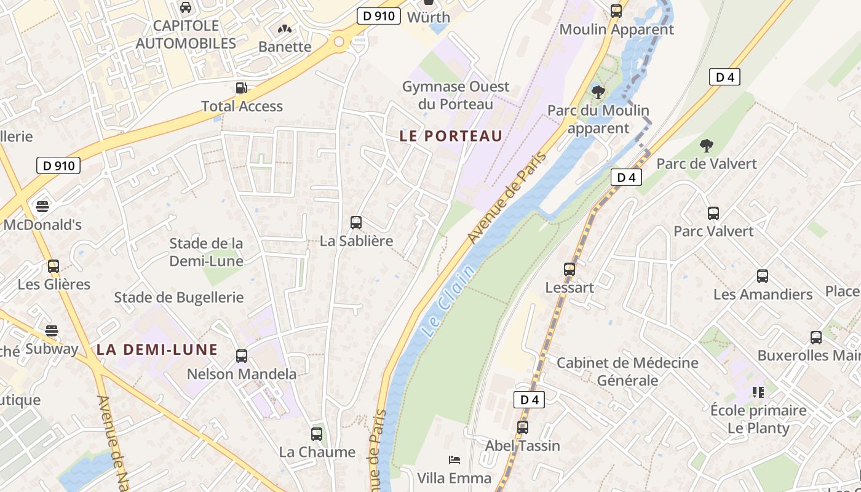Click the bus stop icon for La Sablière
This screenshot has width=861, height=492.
pyautogui.click(x=355, y=223)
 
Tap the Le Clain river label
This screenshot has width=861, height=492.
pyautogui.click(x=449, y=300)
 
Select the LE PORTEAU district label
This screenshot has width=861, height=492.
pyautogui.click(x=451, y=136)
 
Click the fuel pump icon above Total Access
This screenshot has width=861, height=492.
pyautogui.click(x=242, y=88)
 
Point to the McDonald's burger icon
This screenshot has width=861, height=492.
pyautogui.click(x=42, y=206)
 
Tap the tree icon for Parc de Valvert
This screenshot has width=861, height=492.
pyautogui.click(x=707, y=146)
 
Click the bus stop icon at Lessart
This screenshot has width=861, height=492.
pyautogui.click(x=569, y=269)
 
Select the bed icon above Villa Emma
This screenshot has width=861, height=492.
pyautogui.click(x=454, y=459)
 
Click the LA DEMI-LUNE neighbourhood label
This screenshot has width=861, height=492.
pyautogui.click(x=157, y=350)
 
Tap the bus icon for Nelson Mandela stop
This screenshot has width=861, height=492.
pyautogui.click(x=242, y=355)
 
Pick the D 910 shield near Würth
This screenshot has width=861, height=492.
pyautogui.click(x=379, y=16)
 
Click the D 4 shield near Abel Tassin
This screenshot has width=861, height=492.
pyautogui.click(x=529, y=400)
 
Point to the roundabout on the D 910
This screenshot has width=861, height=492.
pyautogui.click(x=339, y=42)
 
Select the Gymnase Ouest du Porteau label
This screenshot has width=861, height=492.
pyautogui.click(x=456, y=95)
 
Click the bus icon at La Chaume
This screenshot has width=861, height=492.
pyautogui.click(x=317, y=434)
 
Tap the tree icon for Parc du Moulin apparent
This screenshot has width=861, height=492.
pyautogui.click(x=598, y=92)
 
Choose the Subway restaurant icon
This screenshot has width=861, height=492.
pyautogui.click(x=52, y=331)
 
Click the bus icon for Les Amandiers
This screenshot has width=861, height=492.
pyautogui.click(x=763, y=276)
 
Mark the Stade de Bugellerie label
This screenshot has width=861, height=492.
pyautogui.click(x=179, y=298)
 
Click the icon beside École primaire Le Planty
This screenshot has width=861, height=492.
pyautogui.click(x=758, y=392)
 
